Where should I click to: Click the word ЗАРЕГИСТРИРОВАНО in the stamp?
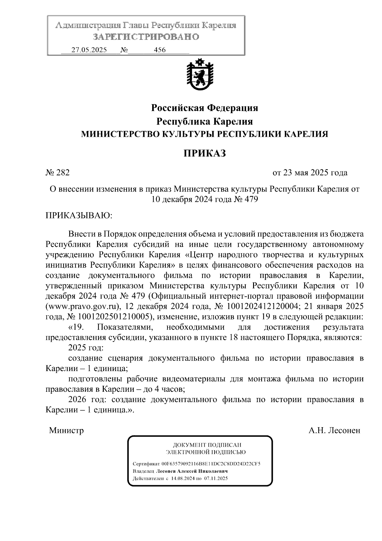(x=146, y=37)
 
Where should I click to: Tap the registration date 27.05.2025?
(x=89, y=50)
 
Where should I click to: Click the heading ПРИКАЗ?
(x=204, y=154)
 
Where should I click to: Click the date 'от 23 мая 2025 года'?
(x=310, y=173)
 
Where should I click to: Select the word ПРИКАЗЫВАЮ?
(x=79, y=216)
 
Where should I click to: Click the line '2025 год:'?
(x=85, y=347)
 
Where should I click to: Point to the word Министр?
(x=66, y=431)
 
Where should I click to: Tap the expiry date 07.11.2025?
(x=216, y=479)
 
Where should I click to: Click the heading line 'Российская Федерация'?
(x=204, y=108)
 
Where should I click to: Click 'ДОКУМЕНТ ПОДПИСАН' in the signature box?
(x=207, y=445)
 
